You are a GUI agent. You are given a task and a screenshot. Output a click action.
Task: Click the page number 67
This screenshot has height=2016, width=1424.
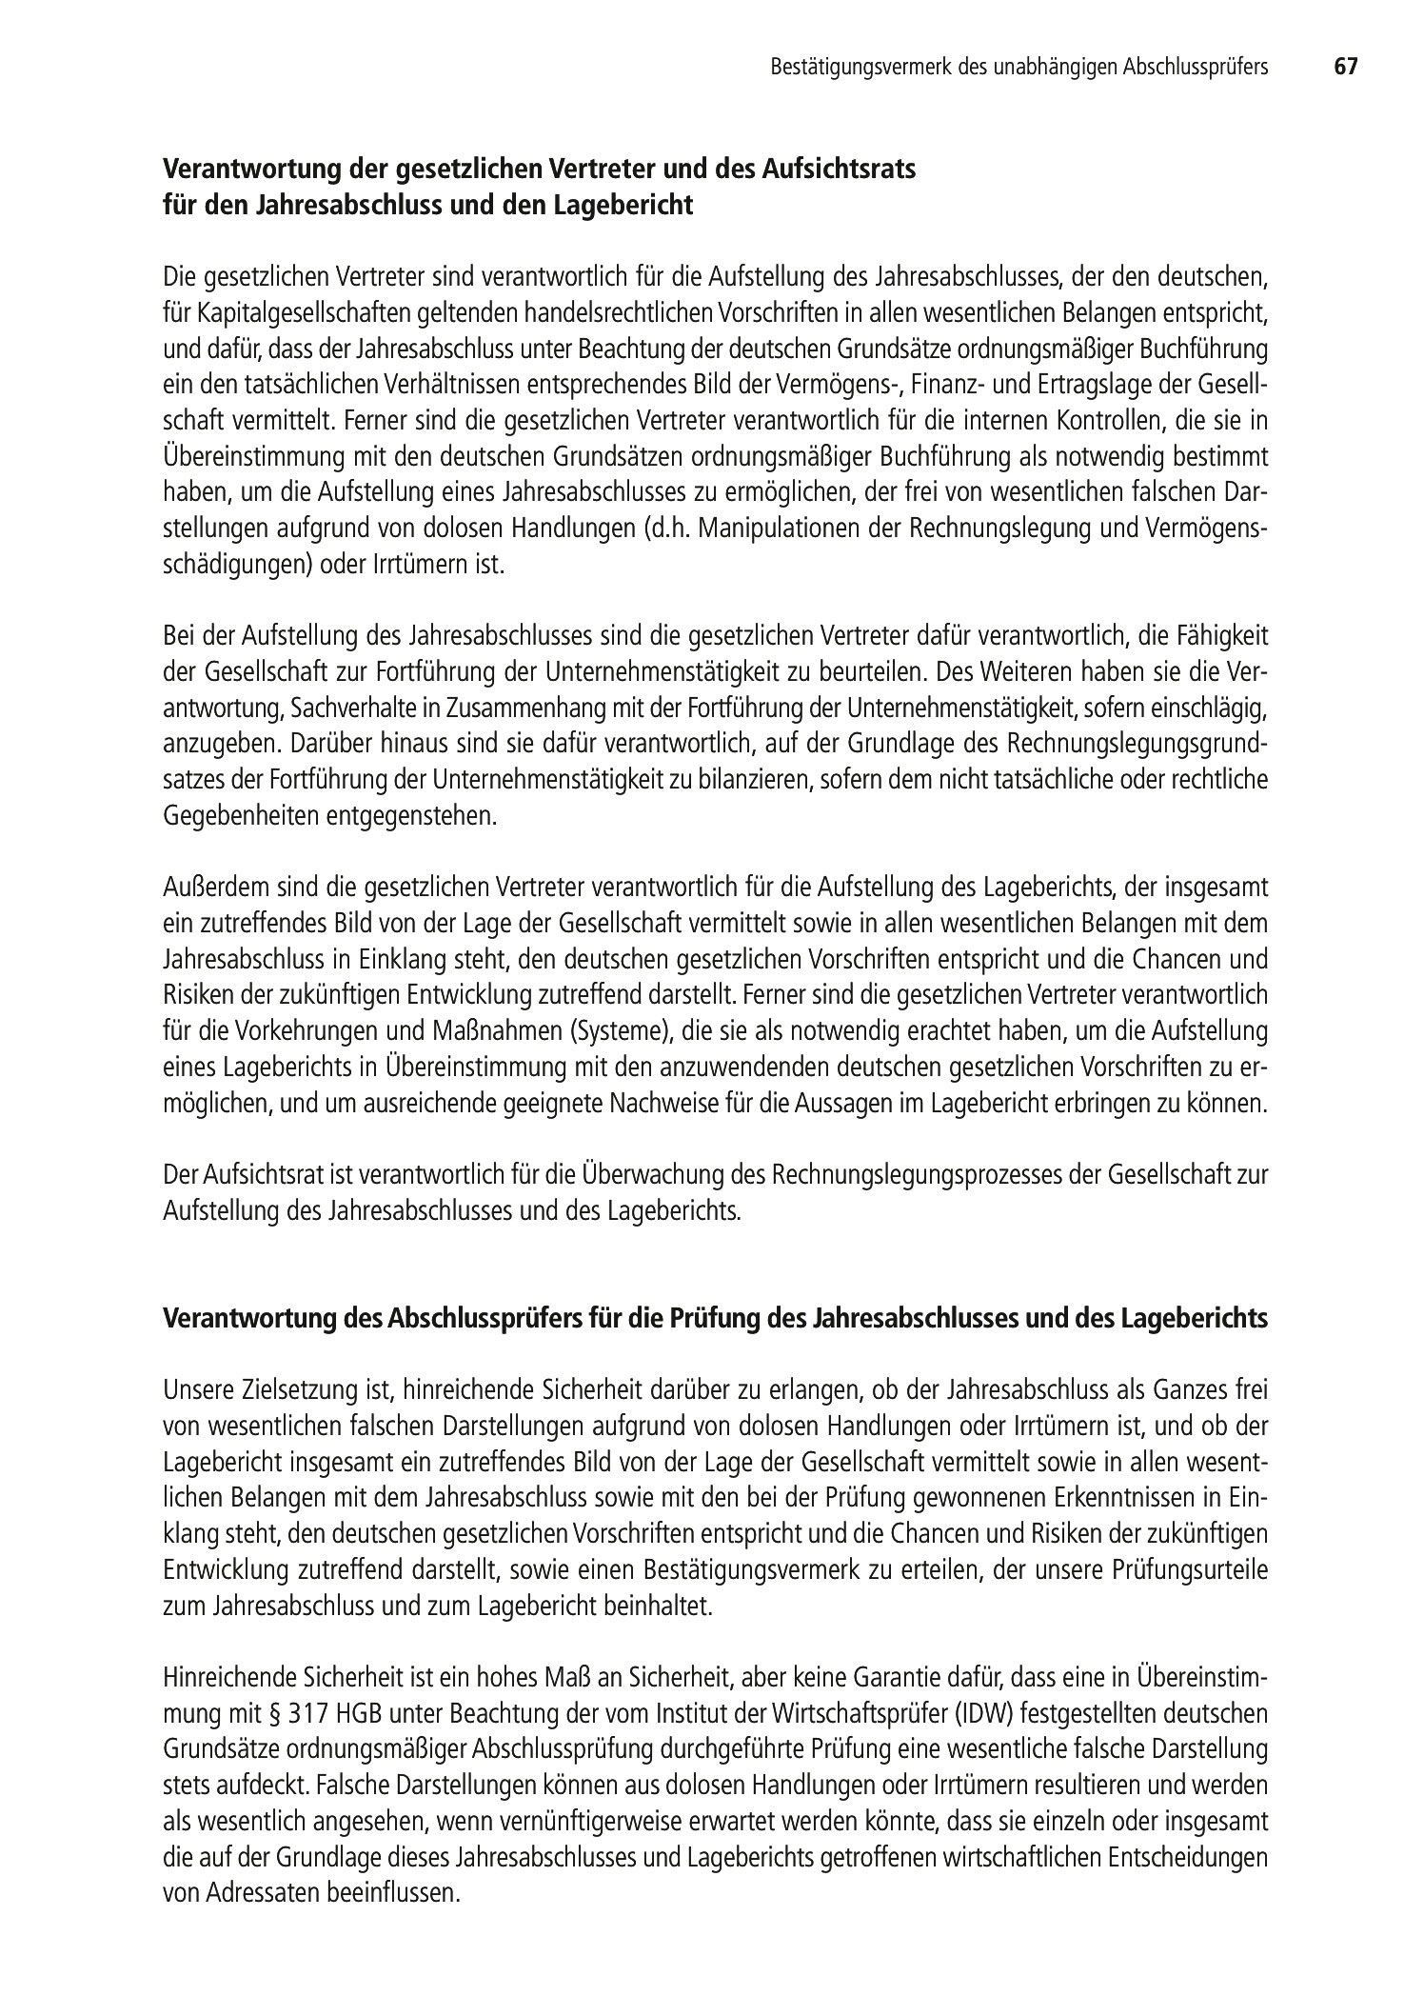point(1344,67)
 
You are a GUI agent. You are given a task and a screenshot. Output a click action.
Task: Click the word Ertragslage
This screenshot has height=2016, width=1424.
point(1132,385)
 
